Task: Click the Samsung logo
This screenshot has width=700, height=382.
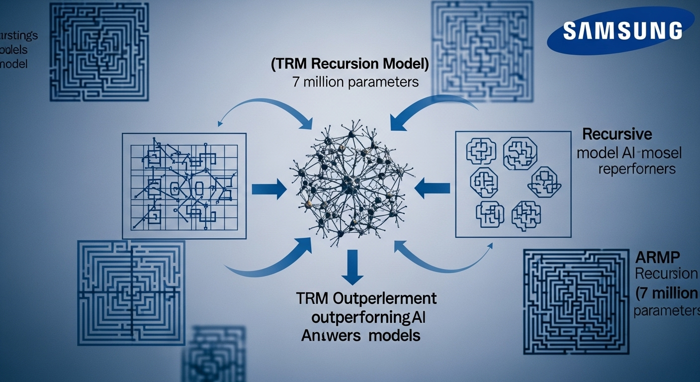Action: [621, 30]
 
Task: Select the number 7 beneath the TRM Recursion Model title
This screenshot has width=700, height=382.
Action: [296, 82]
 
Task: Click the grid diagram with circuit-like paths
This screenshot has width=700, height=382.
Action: [184, 186]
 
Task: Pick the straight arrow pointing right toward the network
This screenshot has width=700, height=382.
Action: [269, 189]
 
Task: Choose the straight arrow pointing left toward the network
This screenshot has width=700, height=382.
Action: [432, 189]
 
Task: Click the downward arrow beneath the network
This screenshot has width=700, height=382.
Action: [352, 266]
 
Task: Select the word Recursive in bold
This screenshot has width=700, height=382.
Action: [617, 134]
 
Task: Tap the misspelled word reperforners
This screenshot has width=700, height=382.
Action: [637, 169]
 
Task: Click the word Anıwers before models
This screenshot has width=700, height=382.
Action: [331, 335]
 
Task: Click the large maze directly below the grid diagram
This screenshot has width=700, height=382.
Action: [131, 292]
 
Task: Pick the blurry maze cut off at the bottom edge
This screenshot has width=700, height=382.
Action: [214, 356]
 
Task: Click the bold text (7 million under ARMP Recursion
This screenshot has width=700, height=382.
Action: [666, 292]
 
